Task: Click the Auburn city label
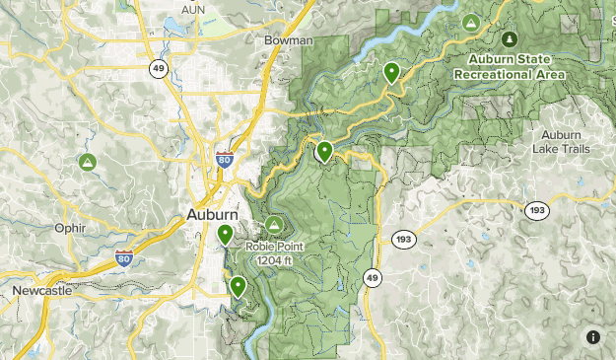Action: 213,214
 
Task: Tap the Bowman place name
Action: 288,40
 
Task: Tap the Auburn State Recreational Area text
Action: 510,66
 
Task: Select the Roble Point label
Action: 276,248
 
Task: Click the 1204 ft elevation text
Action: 276,260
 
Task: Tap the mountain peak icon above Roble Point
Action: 275,228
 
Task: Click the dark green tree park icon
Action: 510,38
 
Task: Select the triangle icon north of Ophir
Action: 88,162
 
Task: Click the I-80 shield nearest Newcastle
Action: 123,259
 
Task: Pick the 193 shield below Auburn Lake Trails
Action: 537,211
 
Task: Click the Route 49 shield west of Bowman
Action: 158,67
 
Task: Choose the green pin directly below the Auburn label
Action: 226,234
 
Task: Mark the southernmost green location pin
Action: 238,286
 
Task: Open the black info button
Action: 593,337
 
